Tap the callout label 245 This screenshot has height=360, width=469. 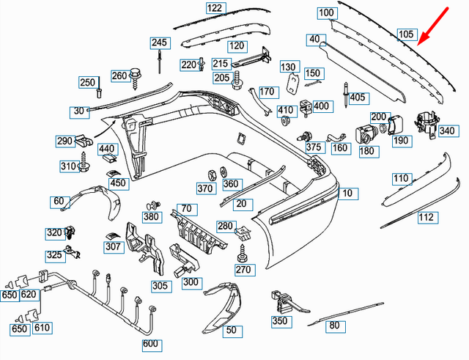(160, 43)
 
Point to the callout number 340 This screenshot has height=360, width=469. (446, 131)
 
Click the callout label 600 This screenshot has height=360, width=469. (149, 343)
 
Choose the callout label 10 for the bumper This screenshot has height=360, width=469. (348, 194)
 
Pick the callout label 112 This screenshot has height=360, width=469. (426, 217)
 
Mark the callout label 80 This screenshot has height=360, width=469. (335, 325)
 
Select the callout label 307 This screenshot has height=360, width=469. (113, 247)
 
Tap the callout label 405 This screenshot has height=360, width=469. (358, 97)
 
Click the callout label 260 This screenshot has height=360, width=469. (119, 76)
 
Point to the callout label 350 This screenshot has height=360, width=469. (280, 320)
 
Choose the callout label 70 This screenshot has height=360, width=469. (185, 207)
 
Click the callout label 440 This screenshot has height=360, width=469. (107, 149)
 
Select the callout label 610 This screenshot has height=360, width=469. (43, 328)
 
